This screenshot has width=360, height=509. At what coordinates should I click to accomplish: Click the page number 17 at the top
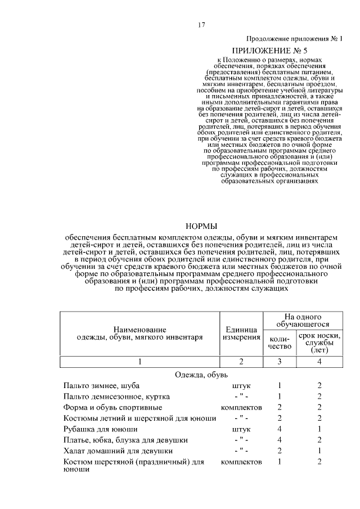[x=201, y=25]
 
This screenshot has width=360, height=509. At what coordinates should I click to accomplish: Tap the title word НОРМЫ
[x=201, y=226]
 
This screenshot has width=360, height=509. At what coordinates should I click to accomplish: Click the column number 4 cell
[x=319, y=361]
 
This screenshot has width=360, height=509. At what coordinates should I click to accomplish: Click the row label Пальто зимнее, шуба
[x=101, y=386]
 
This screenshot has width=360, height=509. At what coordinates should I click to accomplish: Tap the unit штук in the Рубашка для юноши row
[x=241, y=429]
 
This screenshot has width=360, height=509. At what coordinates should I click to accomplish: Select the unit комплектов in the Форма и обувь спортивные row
[x=241, y=407]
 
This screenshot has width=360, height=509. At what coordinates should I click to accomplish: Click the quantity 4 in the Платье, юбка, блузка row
[x=280, y=440]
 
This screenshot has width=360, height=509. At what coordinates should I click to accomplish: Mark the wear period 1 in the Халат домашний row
[x=319, y=451]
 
